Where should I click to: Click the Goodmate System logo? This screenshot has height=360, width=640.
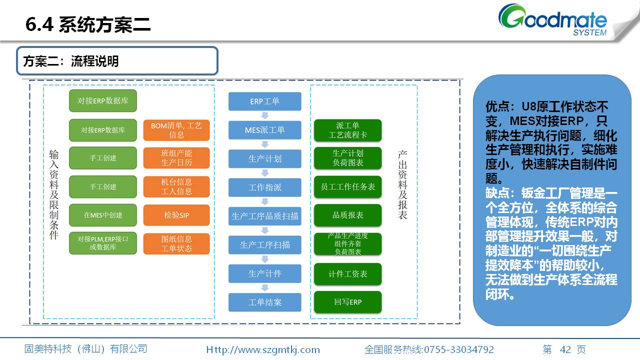[x=552, y=21]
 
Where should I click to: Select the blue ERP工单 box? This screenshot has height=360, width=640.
[x=265, y=101]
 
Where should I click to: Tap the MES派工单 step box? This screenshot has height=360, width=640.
[x=265, y=130]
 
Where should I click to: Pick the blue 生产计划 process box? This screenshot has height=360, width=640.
[x=265, y=158]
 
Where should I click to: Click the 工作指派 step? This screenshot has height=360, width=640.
[x=265, y=187]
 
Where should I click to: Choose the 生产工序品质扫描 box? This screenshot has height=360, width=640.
[x=265, y=216]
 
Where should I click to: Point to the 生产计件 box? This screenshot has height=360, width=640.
[x=265, y=273]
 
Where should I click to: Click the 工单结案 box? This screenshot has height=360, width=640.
[x=265, y=302]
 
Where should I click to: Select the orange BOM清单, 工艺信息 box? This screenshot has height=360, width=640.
[x=176, y=130]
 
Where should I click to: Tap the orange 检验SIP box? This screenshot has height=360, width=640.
[x=176, y=215]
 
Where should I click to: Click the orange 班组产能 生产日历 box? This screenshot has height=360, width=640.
[x=176, y=158]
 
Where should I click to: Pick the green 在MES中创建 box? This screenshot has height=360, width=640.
[x=103, y=215]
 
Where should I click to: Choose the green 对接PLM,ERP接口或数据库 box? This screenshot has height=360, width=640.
[x=103, y=243]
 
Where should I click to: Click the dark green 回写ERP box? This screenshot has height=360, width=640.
[x=348, y=302]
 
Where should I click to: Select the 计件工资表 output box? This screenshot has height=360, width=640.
[x=348, y=274]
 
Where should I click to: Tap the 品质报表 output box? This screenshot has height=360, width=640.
[x=348, y=215]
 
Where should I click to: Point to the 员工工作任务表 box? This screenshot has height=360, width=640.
[x=348, y=186]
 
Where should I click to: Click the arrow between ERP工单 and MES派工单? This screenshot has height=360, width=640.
[x=265, y=115]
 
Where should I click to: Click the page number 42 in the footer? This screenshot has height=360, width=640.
[x=565, y=349]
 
